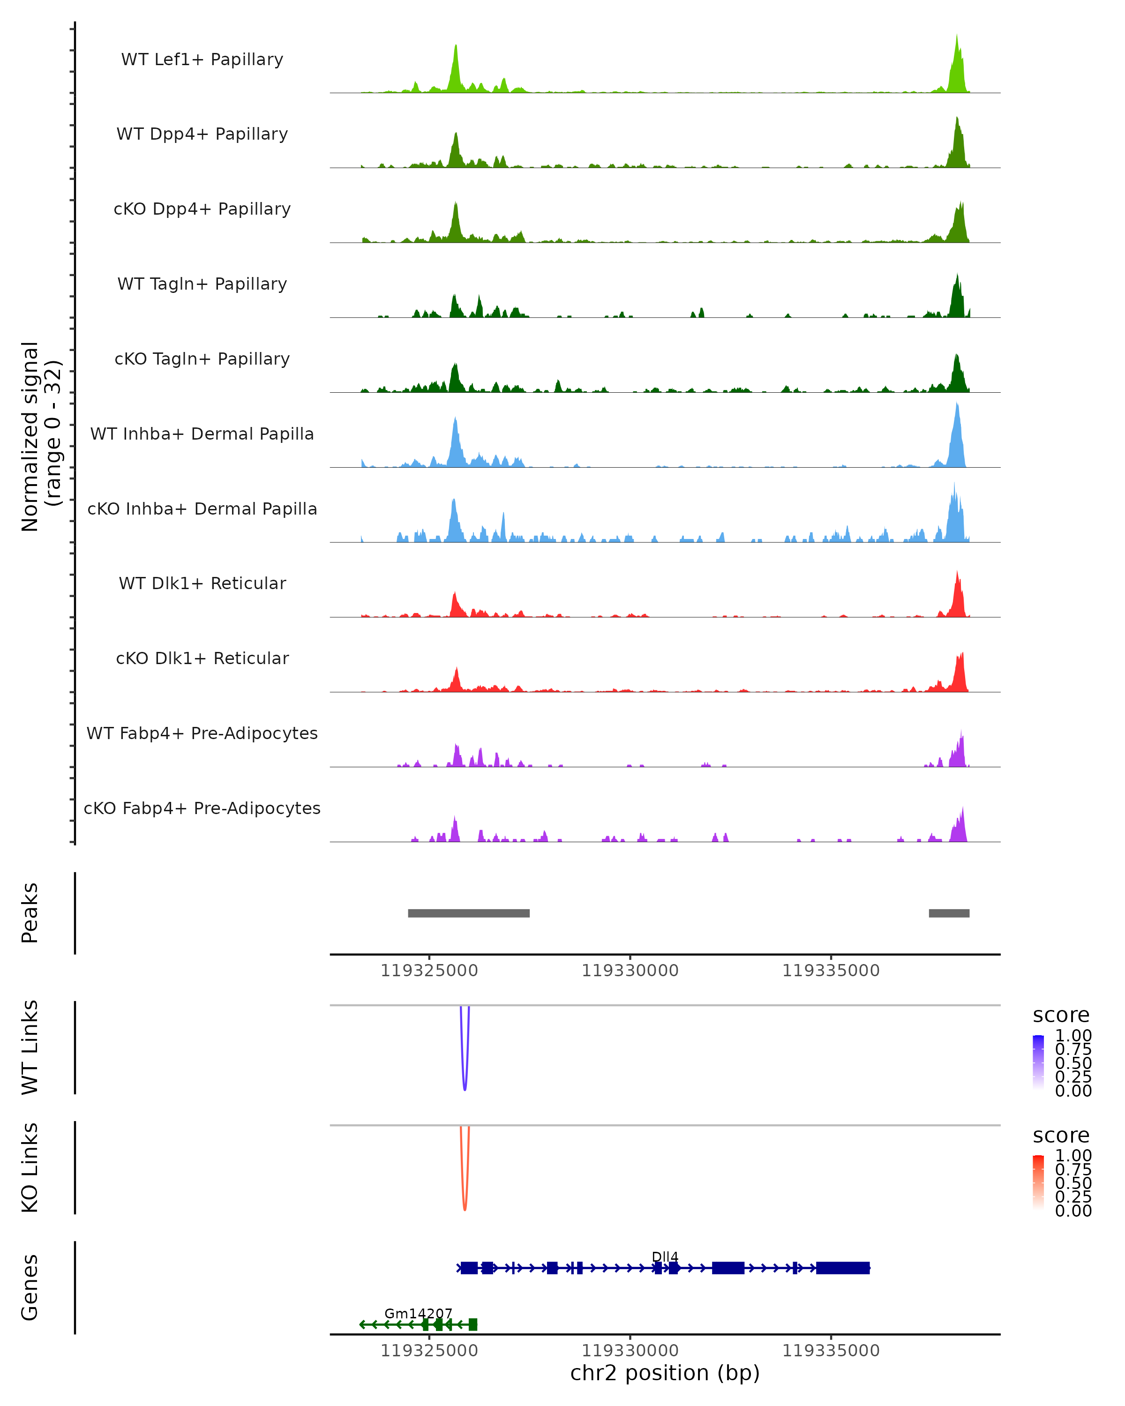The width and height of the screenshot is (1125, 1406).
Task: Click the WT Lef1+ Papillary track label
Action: click(202, 60)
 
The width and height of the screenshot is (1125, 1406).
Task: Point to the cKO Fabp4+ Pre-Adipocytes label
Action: click(202, 808)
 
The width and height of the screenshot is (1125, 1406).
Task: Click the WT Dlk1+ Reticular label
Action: click(202, 583)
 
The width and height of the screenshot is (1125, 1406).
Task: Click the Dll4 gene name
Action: click(665, 1256)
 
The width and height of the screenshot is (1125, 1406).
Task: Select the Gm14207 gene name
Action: click(418, 1313)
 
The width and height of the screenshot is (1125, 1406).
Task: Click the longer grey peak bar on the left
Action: click(468, 913)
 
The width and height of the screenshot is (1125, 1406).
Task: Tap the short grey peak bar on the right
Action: click(948, 913)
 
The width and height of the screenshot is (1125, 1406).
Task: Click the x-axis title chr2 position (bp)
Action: click(665, 1373)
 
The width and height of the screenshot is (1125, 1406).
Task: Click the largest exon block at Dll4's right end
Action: click(843, 1268)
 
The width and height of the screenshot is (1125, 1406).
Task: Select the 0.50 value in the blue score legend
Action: click(1073, 1063)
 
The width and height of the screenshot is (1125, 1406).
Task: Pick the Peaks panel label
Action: click(30, 912)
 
